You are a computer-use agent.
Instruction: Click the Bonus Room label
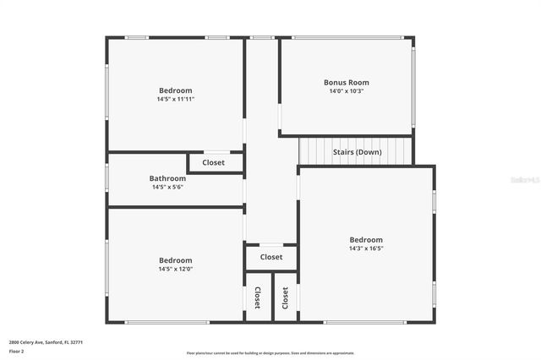point(347,83)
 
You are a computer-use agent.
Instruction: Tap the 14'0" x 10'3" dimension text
point(347,91)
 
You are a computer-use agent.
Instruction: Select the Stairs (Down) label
point(357,152)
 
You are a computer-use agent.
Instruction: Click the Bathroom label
point(167,178)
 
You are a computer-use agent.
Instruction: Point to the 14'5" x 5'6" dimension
point(167,187)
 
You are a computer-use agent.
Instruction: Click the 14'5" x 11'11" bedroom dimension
point(176,99)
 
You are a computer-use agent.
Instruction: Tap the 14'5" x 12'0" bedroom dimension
point(176,269)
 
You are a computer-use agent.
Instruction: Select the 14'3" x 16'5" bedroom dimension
point(366,248)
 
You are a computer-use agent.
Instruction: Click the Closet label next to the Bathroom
point(213,162)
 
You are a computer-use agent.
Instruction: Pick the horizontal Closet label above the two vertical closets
point(271,257)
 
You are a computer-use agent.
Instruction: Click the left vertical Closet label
point(258,297)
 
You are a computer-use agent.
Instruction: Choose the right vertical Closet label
point(286,297)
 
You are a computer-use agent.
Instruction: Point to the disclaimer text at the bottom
point(270,352)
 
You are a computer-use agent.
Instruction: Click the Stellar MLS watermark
point(525,180)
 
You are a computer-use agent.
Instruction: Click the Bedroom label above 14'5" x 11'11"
point(176,90)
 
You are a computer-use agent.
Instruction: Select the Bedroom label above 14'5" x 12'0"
point(176,260)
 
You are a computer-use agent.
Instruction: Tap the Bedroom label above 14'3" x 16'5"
point(366,240)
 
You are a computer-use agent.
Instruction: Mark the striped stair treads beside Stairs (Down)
point(314,151)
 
